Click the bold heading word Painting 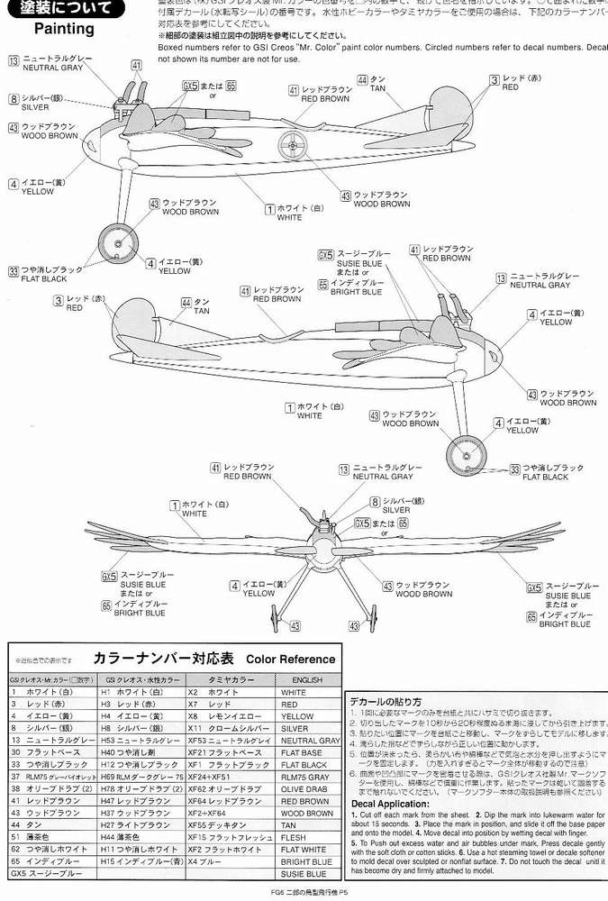click(64, 28)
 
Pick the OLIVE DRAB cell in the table click(305, 787)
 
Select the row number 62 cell click(15, 848)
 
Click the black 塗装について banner click(62, 9)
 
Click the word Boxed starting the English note click(171, 45)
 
